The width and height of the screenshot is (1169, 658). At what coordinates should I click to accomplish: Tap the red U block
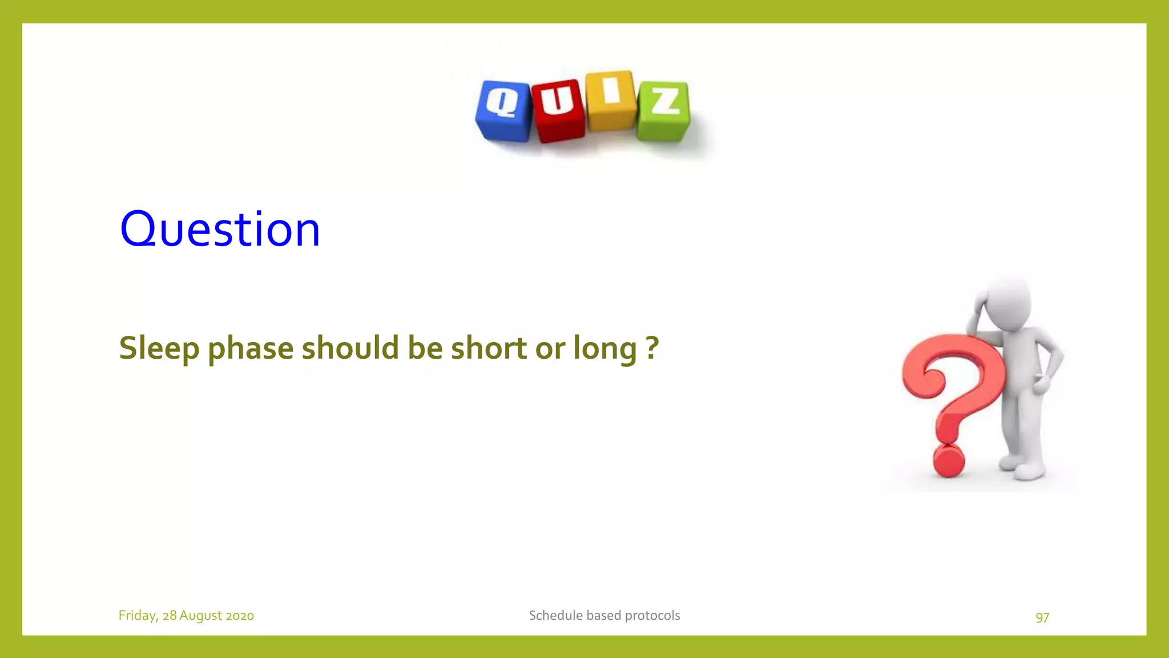pos(558,110)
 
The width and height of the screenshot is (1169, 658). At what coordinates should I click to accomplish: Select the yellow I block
pos(610,101)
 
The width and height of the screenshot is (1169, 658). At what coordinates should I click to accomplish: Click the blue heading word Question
pos(220,229)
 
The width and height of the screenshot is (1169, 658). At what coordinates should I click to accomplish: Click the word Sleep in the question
pos(159,348)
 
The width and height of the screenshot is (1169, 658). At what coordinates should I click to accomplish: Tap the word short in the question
pos(489,348)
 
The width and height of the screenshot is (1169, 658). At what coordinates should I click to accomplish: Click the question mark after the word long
pos(652,347)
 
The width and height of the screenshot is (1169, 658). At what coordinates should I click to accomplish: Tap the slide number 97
pos(1042,617)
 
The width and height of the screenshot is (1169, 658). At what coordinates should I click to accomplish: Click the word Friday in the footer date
pos(137,616)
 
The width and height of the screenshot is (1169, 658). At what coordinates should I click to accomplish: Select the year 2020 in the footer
pos(240,616)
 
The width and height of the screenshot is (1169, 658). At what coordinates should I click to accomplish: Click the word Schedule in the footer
pos(555,616)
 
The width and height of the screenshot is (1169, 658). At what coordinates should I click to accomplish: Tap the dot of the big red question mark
pos(948,460)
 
